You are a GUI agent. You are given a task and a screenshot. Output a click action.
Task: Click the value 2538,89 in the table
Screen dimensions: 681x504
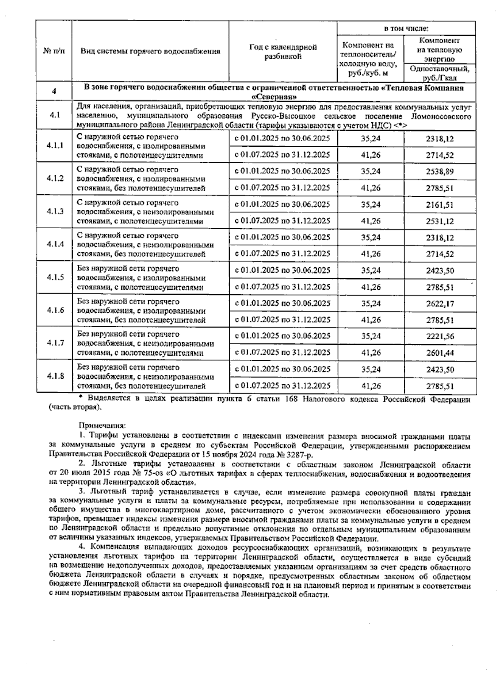coord(440,172)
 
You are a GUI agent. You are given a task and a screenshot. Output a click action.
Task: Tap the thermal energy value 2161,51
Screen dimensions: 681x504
coord(440,205)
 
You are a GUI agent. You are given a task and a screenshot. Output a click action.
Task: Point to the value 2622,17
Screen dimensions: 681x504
coord(440,304)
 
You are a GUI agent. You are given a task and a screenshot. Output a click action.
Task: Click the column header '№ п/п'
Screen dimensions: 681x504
coord(54,51)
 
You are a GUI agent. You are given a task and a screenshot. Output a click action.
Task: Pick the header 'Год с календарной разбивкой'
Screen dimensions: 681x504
coord(283,52)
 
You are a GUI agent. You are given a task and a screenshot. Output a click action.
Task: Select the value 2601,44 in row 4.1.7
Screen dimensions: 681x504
coord(440,353)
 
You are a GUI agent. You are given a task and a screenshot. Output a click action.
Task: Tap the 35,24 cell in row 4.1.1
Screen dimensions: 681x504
coord(370,138)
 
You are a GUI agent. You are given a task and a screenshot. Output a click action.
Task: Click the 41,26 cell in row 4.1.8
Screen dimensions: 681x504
coord(370,386)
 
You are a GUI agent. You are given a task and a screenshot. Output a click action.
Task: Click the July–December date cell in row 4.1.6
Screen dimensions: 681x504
coord(283,320)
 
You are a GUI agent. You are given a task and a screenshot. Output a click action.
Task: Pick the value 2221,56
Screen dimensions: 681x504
coord(440,336)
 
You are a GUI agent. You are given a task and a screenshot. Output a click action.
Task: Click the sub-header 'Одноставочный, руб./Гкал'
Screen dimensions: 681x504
coord(440,73)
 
